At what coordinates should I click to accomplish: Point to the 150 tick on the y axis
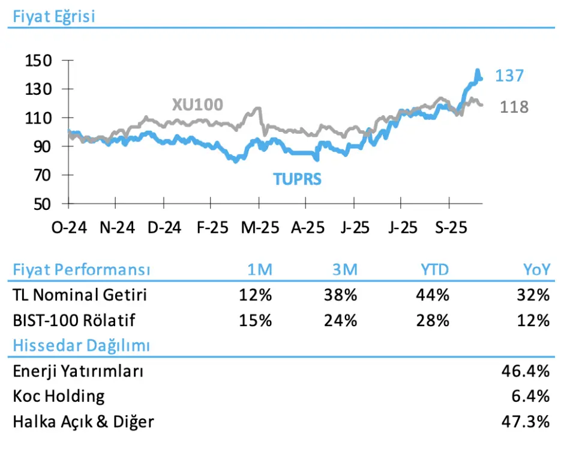click(39, 61)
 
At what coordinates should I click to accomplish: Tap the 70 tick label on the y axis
click(43, 176)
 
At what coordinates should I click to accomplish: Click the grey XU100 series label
click(197, 105)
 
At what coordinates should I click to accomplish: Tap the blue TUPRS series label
click(298, 179)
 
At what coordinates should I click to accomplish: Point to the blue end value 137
click(509, 76)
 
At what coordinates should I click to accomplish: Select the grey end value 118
click(514, 107)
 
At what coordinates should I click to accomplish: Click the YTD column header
click(434, 270)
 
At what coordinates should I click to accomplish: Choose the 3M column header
click(344, 270)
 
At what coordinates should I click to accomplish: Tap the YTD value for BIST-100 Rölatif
click(433, 320)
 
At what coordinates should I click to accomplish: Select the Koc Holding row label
click(58, 396)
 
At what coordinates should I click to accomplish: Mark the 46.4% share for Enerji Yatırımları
click(525, 371)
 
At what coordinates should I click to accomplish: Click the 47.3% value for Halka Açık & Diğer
click(525, 422)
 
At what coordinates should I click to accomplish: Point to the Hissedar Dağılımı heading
click(81, 345)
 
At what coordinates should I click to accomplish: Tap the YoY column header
click(536, 270)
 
